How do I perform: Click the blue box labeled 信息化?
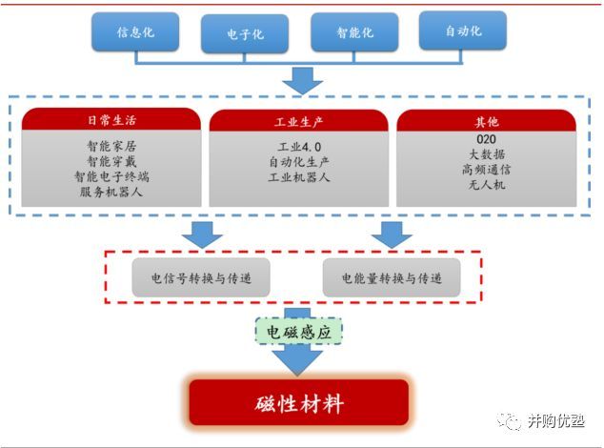click(134, 32)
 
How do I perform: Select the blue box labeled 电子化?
click(245, 34)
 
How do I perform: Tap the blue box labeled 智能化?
click(354, 32)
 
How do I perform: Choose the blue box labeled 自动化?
click(463, 31)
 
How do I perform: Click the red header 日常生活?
click(111, 121)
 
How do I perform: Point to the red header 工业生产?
click(298, 121)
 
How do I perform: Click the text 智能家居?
click(111, 147)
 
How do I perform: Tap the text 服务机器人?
click(111, 191)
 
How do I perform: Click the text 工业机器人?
click(298, 177)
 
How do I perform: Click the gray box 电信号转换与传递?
click(201, 277)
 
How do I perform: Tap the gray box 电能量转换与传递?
click(392, 277)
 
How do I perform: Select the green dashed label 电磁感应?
click(298, 330)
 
